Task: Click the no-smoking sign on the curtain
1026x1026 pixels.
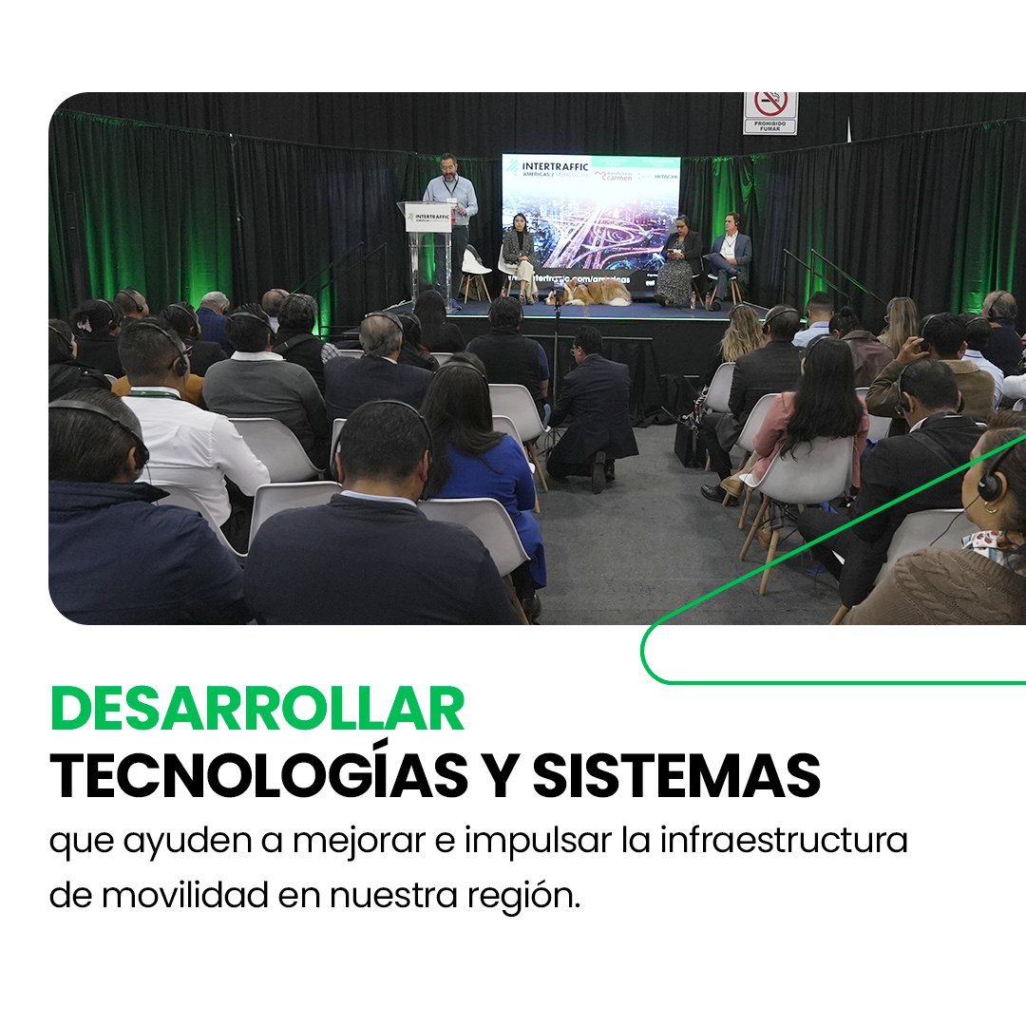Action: (769, 113)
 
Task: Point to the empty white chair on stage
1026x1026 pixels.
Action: (474, 271)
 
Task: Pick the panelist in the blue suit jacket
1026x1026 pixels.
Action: (728, 255)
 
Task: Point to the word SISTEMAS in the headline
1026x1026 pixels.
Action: (675, 776)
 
